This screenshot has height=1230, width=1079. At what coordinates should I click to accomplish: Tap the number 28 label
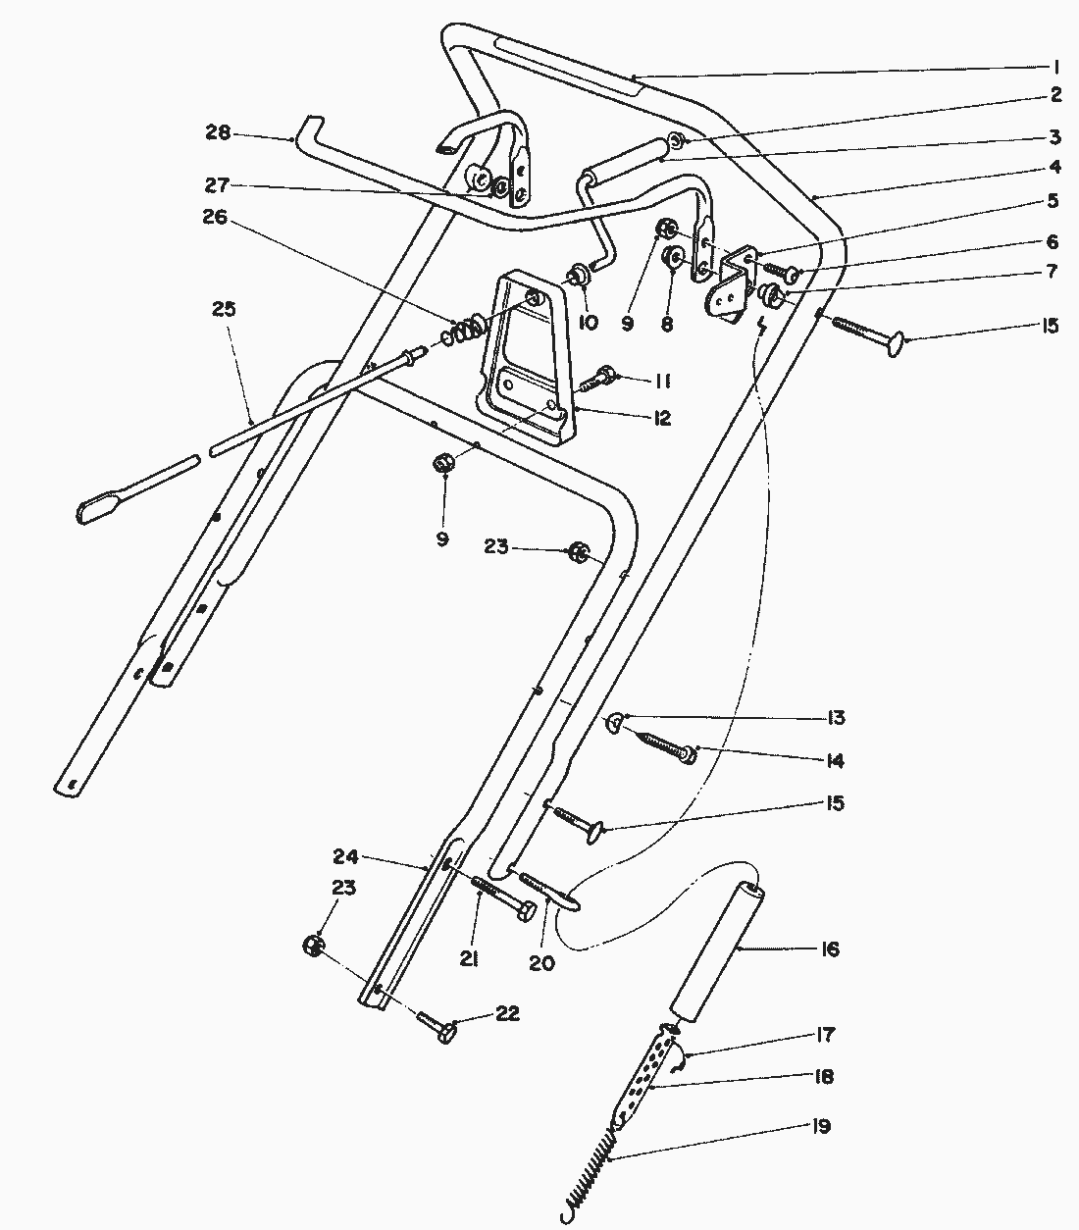point(218,132)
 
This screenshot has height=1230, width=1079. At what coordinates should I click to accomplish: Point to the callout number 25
point(224,310)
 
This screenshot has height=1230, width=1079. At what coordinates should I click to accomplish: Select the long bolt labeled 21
point(500,895)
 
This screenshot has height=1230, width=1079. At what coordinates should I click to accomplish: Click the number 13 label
point(835,718)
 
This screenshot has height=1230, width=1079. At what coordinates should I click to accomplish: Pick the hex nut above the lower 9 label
point(442,462)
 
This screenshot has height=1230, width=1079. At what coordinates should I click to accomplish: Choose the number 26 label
point(216,218)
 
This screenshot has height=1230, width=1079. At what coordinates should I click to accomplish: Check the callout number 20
point(541,963)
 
